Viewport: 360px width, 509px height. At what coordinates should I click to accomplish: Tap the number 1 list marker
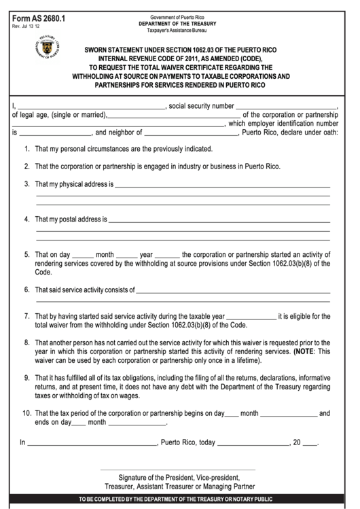pyautogui.click(x=26, y=148)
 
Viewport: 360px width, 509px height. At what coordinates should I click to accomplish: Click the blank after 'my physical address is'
pyautogui.click(x=222, y=186)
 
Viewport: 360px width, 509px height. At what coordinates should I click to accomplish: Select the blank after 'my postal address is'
pyautogui.click(x=219, y=221)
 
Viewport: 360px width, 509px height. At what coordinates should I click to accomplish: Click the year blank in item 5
pyautogui.click(x=167, y=257)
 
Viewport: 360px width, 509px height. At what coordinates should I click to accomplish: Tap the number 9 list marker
pyautogui.click(x=26, y=377)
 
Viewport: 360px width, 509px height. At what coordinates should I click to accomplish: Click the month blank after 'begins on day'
pyautogui.click(x=288, y=415)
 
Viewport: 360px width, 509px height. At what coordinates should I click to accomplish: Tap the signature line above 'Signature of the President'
pyautogui.click(x=178, y=470)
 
